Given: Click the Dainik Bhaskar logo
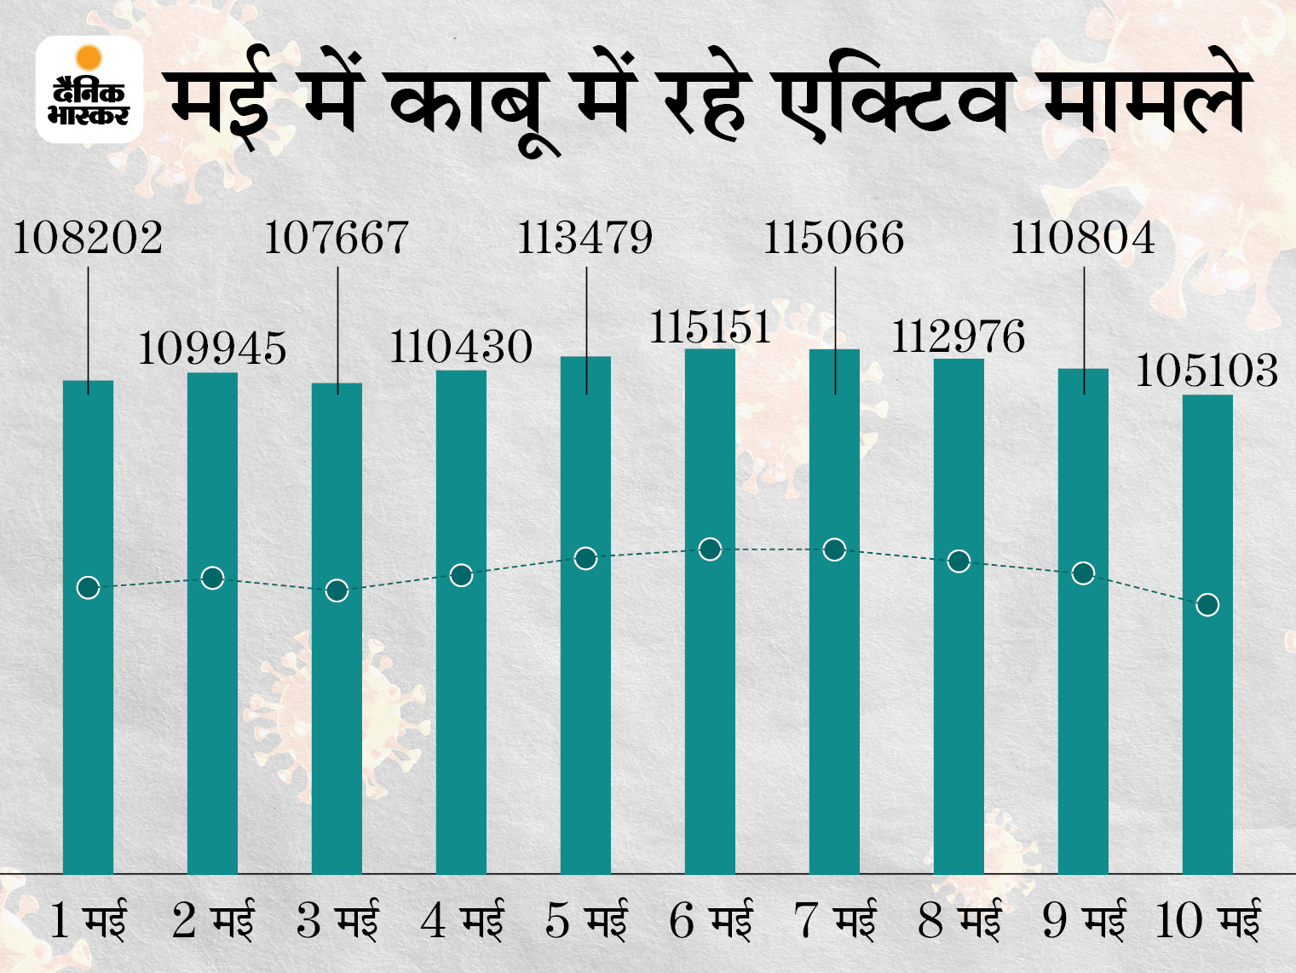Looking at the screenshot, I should [x=89, y=89].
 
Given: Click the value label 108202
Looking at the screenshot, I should [x=88, y=238].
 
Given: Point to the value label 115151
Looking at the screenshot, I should [x=710, y=327].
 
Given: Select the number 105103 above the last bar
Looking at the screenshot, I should [x=1207, y=371].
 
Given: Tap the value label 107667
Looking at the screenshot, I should [x=337, y=238].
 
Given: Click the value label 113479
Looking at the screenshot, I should [x=585, y=238].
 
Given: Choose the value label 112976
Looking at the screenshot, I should [x=959, y=337].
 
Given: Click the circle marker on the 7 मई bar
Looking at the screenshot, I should [x=834, y=550].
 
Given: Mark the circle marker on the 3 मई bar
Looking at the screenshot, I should [x=337, y=590].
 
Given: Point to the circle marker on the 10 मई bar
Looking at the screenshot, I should [x=1207, y=605].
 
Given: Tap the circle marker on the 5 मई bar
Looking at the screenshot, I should [x=585, y=559].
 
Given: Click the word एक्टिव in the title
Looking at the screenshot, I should [x=895, y=102].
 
